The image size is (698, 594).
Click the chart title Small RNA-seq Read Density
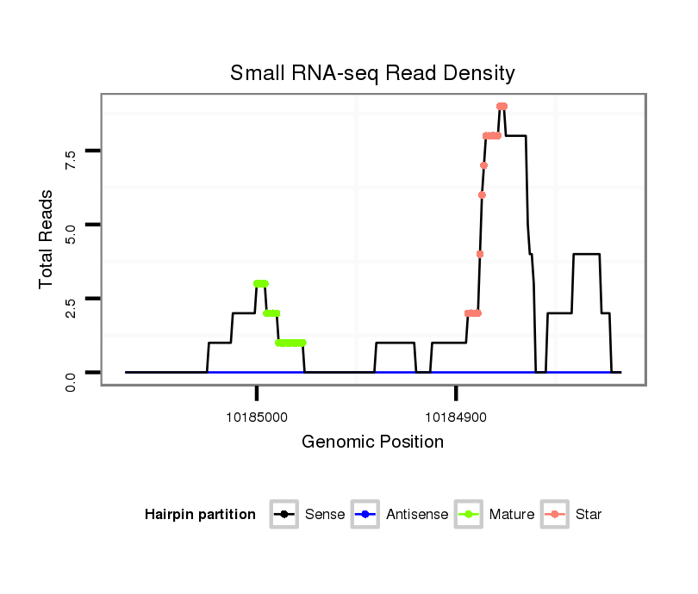point(372,73)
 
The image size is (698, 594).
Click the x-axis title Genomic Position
point(372,442)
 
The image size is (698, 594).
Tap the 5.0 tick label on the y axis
point(71,232)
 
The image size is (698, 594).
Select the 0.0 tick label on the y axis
point(71,379)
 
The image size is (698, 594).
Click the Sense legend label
point(325,515)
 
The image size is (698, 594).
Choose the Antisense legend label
point(417,515)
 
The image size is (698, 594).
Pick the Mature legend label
point(512,515)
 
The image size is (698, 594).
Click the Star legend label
point(589,515)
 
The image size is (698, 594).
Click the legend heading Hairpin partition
point(200,515)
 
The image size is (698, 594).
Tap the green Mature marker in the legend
point(467,515)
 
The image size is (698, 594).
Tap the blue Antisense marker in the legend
point(366,515)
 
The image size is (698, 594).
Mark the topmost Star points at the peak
point(502,106)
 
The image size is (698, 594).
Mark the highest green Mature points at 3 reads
point(261,283)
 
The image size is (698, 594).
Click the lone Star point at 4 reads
point(480,254)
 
